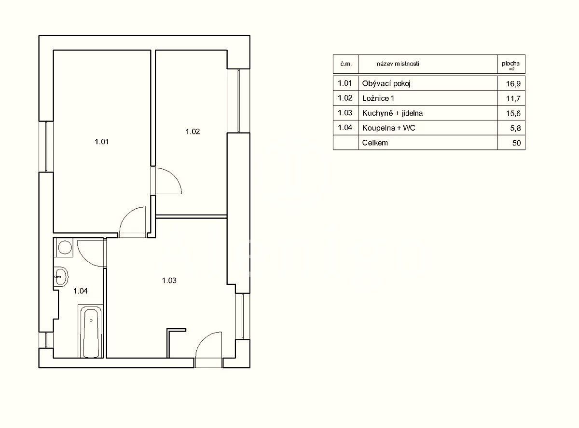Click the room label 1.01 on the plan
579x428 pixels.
[x=101, y=142]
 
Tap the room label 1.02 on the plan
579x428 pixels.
[x=193, y=132]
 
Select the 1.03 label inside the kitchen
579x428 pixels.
[x=169, y=281]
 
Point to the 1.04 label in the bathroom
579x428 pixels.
[x=81, y=291]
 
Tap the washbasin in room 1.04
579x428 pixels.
[x=61, y=277]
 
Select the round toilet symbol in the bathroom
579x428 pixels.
[x=65, y=247]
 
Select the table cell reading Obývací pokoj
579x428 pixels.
[x=386, y=84]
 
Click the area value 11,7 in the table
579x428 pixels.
[x=513, y=99]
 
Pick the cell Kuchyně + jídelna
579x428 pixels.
[x=392, y=113]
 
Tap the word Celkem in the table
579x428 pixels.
[x=375, y=143]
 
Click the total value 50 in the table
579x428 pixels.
[x=516, y=143]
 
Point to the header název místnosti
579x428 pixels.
[x=398, y=64]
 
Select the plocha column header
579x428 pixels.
[x=510, y=63]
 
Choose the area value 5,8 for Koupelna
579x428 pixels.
[x=515, y=128]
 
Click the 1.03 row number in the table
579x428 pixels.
[x=345, y=113]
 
